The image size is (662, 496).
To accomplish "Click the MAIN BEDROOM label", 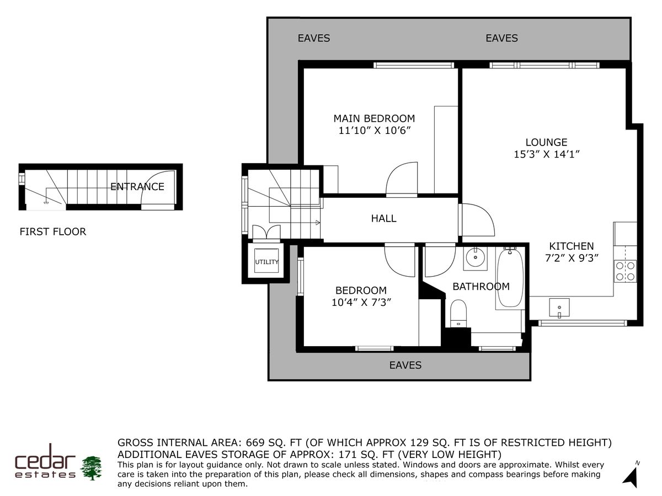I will (373, 118).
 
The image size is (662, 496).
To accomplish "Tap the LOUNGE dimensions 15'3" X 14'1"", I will (546, 154).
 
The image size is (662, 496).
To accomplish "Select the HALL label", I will (383, 218).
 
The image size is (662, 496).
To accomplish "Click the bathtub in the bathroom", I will (510, 278).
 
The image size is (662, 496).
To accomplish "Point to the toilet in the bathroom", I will (458, 314).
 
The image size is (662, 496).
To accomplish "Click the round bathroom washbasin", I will (474, 257).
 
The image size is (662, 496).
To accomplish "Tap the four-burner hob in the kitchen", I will (625, 271).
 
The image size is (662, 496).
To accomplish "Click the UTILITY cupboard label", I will (266, 262).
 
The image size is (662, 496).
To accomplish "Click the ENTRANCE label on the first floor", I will (137, 186).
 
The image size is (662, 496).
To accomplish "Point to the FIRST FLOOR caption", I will (53, 231).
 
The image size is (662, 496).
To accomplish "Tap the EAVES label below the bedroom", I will (405, 365).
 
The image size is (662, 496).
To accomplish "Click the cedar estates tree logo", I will (92, 467).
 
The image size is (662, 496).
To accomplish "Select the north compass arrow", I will (630, 475).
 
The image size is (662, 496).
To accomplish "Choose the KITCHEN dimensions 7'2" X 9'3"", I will (571, 257).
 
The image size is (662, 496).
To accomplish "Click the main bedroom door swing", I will (402, 179).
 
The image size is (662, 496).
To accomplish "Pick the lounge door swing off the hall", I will (476, 220).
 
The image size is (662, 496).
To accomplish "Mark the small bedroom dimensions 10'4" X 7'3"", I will (361, 301).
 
